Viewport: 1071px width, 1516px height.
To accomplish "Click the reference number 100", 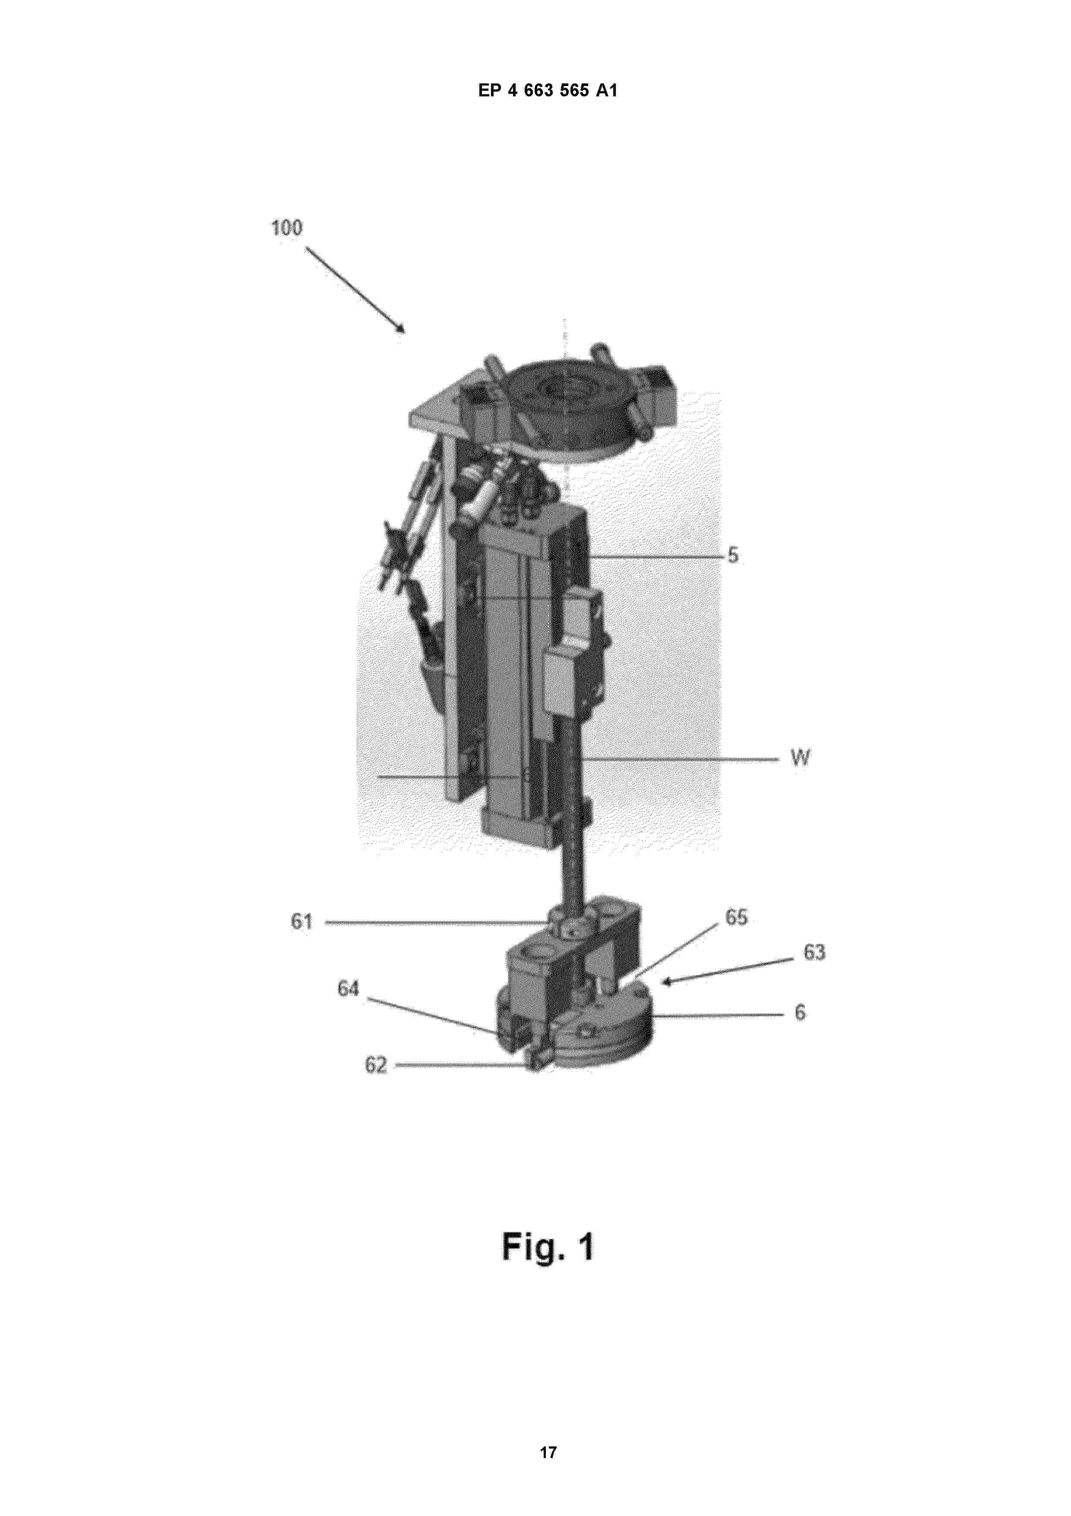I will (286, 229).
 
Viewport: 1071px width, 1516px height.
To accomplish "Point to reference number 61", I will (301, 921).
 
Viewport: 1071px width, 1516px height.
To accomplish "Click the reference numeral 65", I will (736, 917).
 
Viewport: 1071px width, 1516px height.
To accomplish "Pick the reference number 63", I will (814, 952).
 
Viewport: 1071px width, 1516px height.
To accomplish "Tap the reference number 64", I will (348, 988).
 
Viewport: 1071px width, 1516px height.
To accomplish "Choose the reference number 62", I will (375, 1065).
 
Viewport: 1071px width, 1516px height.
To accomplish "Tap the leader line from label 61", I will (436, 922).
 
